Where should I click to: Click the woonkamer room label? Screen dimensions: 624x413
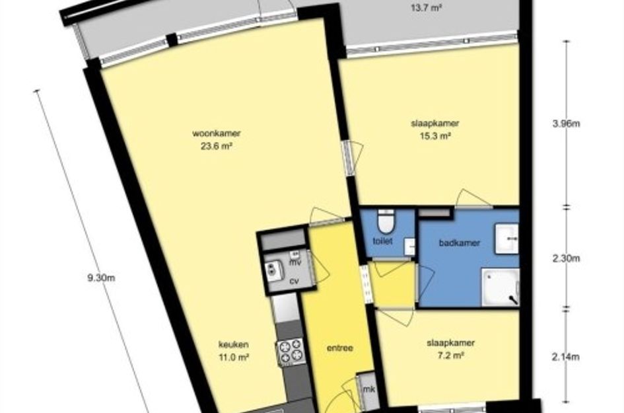[217, 133]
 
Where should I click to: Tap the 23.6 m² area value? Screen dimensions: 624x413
[217, 146]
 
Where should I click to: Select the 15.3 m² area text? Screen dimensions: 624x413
[435, 136]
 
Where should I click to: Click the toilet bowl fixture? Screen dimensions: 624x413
[386, 221]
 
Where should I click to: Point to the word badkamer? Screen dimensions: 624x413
[459, 243]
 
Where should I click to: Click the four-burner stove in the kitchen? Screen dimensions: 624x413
[290, 352]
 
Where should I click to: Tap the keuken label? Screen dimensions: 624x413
[234, 344]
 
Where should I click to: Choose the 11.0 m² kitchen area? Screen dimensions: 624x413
[234, 357]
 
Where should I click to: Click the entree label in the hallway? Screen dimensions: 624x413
[340, 348]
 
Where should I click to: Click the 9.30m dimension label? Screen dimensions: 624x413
[102, 278]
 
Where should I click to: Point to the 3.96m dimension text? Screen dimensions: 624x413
[566, 124]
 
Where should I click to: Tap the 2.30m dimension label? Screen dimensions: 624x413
[566, 258]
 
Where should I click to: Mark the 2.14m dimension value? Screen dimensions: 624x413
[565, 357]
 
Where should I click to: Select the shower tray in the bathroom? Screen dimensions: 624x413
[501, 287]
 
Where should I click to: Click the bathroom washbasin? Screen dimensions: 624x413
[506, 239]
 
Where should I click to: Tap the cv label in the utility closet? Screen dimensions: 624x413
[294, 282]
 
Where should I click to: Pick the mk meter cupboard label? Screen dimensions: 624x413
[369, 389]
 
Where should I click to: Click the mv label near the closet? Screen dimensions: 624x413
[295, 262]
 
